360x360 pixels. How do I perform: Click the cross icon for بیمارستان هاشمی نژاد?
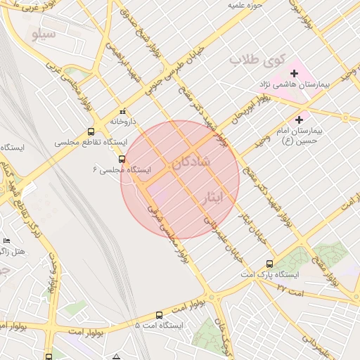294,74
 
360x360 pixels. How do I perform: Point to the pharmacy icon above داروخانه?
124,111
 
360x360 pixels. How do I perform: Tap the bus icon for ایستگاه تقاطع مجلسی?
91,131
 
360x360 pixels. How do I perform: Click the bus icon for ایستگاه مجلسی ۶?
122,159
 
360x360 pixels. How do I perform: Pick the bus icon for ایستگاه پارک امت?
270,264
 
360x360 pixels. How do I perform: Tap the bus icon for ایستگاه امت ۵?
160,316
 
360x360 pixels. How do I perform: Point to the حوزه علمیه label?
244,6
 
